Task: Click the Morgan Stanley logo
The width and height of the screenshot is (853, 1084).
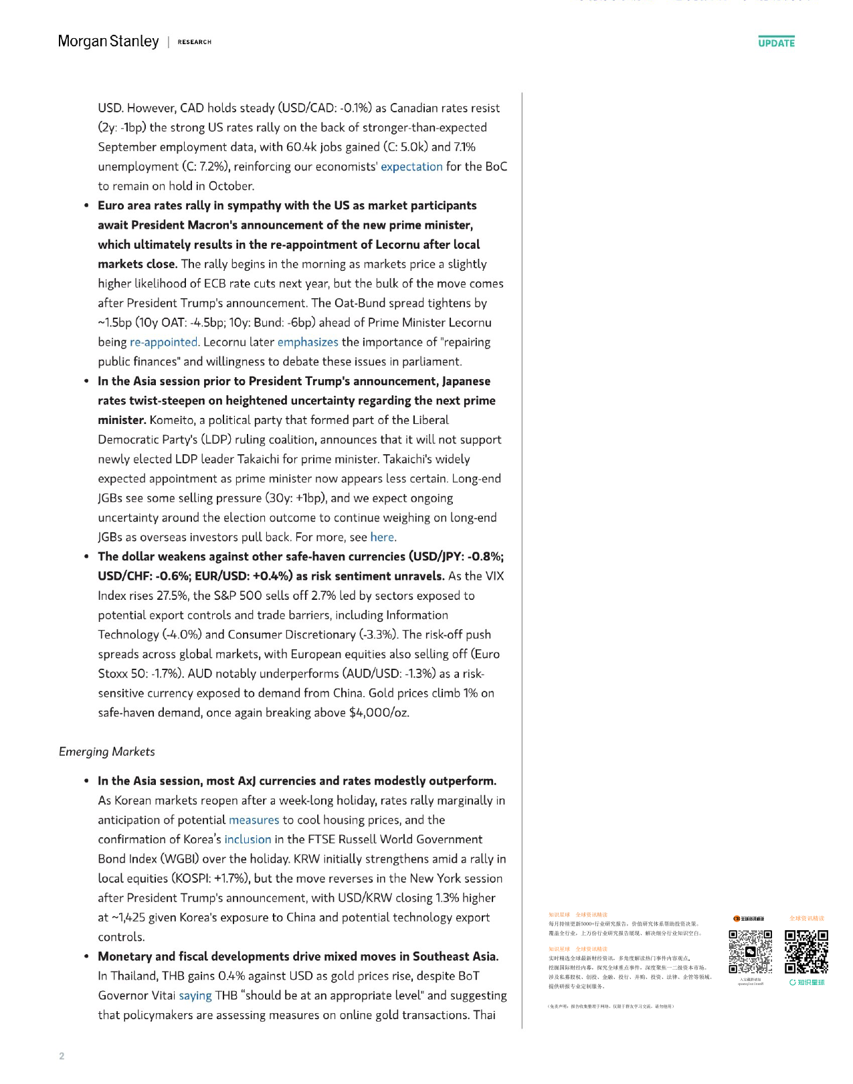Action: point(108,41)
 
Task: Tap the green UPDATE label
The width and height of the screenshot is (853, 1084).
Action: point(776,43)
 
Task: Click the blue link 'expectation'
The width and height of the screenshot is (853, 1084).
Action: point(411,167)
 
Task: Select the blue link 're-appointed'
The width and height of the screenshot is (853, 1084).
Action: point(164,342)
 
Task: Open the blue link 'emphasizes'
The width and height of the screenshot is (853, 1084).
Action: point(308,342)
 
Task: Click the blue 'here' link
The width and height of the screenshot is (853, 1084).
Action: point(382,538)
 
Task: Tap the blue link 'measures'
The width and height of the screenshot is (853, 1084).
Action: point(254,821)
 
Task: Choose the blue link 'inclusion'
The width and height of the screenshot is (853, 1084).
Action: point(248,840)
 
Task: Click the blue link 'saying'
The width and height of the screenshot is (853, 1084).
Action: point(195,996)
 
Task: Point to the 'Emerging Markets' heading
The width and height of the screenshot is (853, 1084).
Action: point(107,752)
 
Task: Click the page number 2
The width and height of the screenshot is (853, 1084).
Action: point(62,1056)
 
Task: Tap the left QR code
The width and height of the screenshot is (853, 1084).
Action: point(750,952)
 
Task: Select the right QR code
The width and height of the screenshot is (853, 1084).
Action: point(806,952)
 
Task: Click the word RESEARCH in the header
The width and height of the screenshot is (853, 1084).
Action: point(195,42)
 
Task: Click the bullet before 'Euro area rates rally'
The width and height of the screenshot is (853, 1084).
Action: point(86,206)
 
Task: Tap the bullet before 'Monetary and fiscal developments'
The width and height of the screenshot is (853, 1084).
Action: point(86,957)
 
